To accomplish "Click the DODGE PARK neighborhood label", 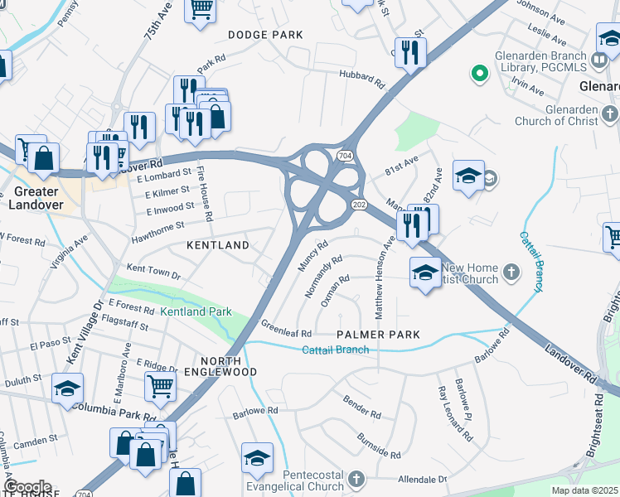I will [x=265, y=35].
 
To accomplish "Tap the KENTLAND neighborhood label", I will [x=218, y=246].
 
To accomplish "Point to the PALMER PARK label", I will [x=379, y=335].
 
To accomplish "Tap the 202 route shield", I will [x=359, y=205].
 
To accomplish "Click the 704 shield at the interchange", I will [x=344, y=156].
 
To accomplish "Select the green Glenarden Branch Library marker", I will [x=478, y=75].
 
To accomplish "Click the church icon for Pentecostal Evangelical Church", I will [x=356, y=480].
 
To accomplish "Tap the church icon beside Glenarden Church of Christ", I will [x=609, y=113].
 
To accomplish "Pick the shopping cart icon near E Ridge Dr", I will [x=159, y=384].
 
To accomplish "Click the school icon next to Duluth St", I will [x=67, y=388].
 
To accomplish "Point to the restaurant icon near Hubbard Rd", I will [x=409, y=52].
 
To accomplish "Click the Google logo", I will [x=27, y=487].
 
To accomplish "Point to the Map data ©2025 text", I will [x=584, y=490].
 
